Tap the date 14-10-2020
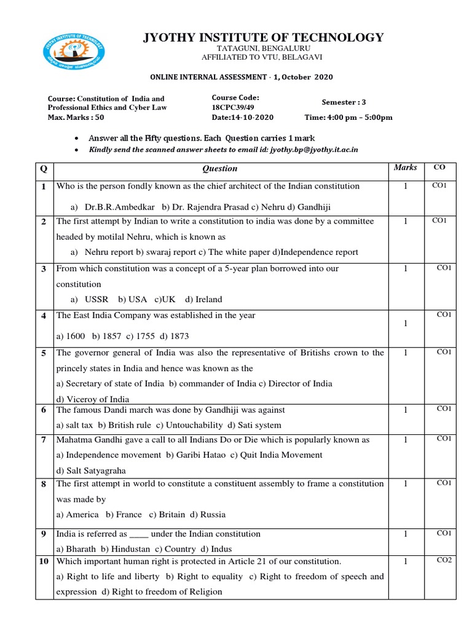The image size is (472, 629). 243,117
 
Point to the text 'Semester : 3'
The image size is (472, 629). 344,102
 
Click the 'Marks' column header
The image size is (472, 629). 405,167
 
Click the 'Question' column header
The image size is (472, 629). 219,168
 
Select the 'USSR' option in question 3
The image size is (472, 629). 96,299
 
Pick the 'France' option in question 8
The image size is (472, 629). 124,514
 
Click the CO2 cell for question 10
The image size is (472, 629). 444,560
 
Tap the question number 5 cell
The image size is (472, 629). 44,353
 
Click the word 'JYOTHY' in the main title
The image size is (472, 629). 173,37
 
